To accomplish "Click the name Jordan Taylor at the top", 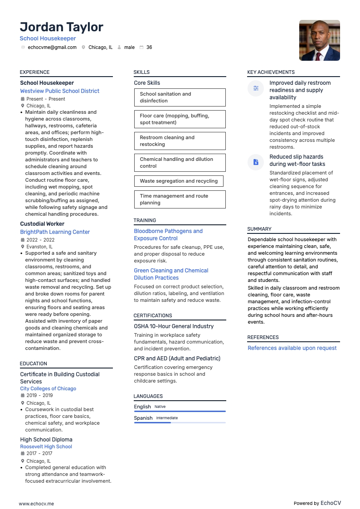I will coord(62,27).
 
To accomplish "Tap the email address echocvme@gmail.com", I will coord(52,47).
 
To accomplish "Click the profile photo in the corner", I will coord(319,40).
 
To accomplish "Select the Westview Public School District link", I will coord(59,91).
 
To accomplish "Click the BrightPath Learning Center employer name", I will coord(55,232).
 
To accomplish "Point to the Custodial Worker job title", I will coord(42,224).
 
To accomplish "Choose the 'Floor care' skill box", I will coord(180,119).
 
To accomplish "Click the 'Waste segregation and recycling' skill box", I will coord(179,181).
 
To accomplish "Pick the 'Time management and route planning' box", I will coord(180,199).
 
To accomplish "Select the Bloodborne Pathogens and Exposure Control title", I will coord(168,235).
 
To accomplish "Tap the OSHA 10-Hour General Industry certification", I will coord(174,326).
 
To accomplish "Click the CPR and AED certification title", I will coord(177,359).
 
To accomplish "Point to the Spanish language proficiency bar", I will coord(180,422).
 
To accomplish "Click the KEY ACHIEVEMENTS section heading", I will coord(271,72).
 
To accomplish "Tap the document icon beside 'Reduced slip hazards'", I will coord(256,162).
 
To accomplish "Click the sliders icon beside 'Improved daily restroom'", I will coord(256,88).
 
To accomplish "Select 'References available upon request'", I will coord(292,348).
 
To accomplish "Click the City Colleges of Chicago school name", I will coord(48,388).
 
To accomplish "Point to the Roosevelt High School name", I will coord(46,446).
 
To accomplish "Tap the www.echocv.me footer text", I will coord(36,504).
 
